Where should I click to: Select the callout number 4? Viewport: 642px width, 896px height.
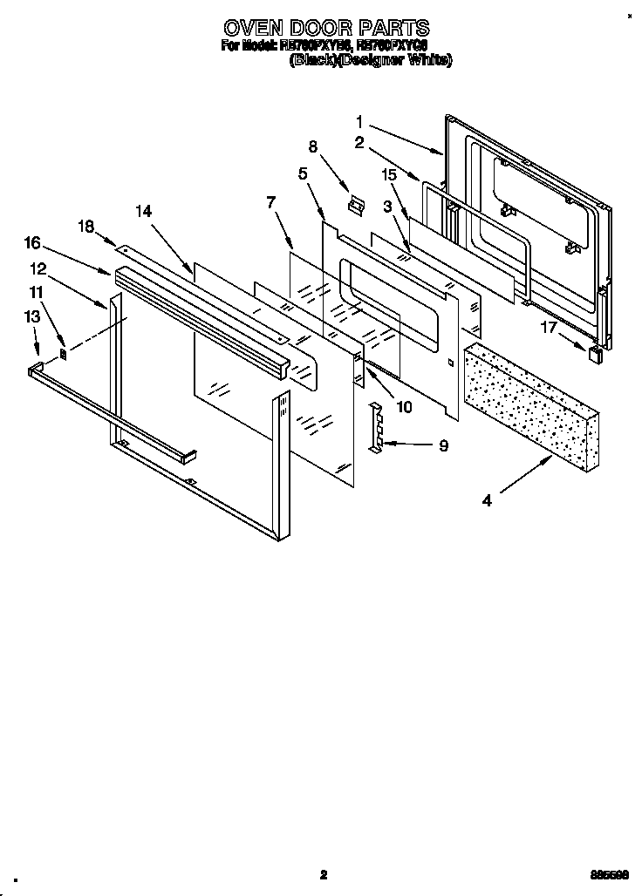(x=487, y=500)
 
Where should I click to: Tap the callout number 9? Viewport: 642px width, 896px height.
(x=443, y=445)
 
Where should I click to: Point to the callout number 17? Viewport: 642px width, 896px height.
(x=547, y=328)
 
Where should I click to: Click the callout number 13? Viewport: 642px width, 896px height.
(x=32, y=317)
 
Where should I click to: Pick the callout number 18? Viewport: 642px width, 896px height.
(x=85, y=227)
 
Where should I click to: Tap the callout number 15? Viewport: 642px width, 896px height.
(x=388, y=175)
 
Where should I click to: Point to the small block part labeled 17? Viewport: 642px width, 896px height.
(x=596, y=352)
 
